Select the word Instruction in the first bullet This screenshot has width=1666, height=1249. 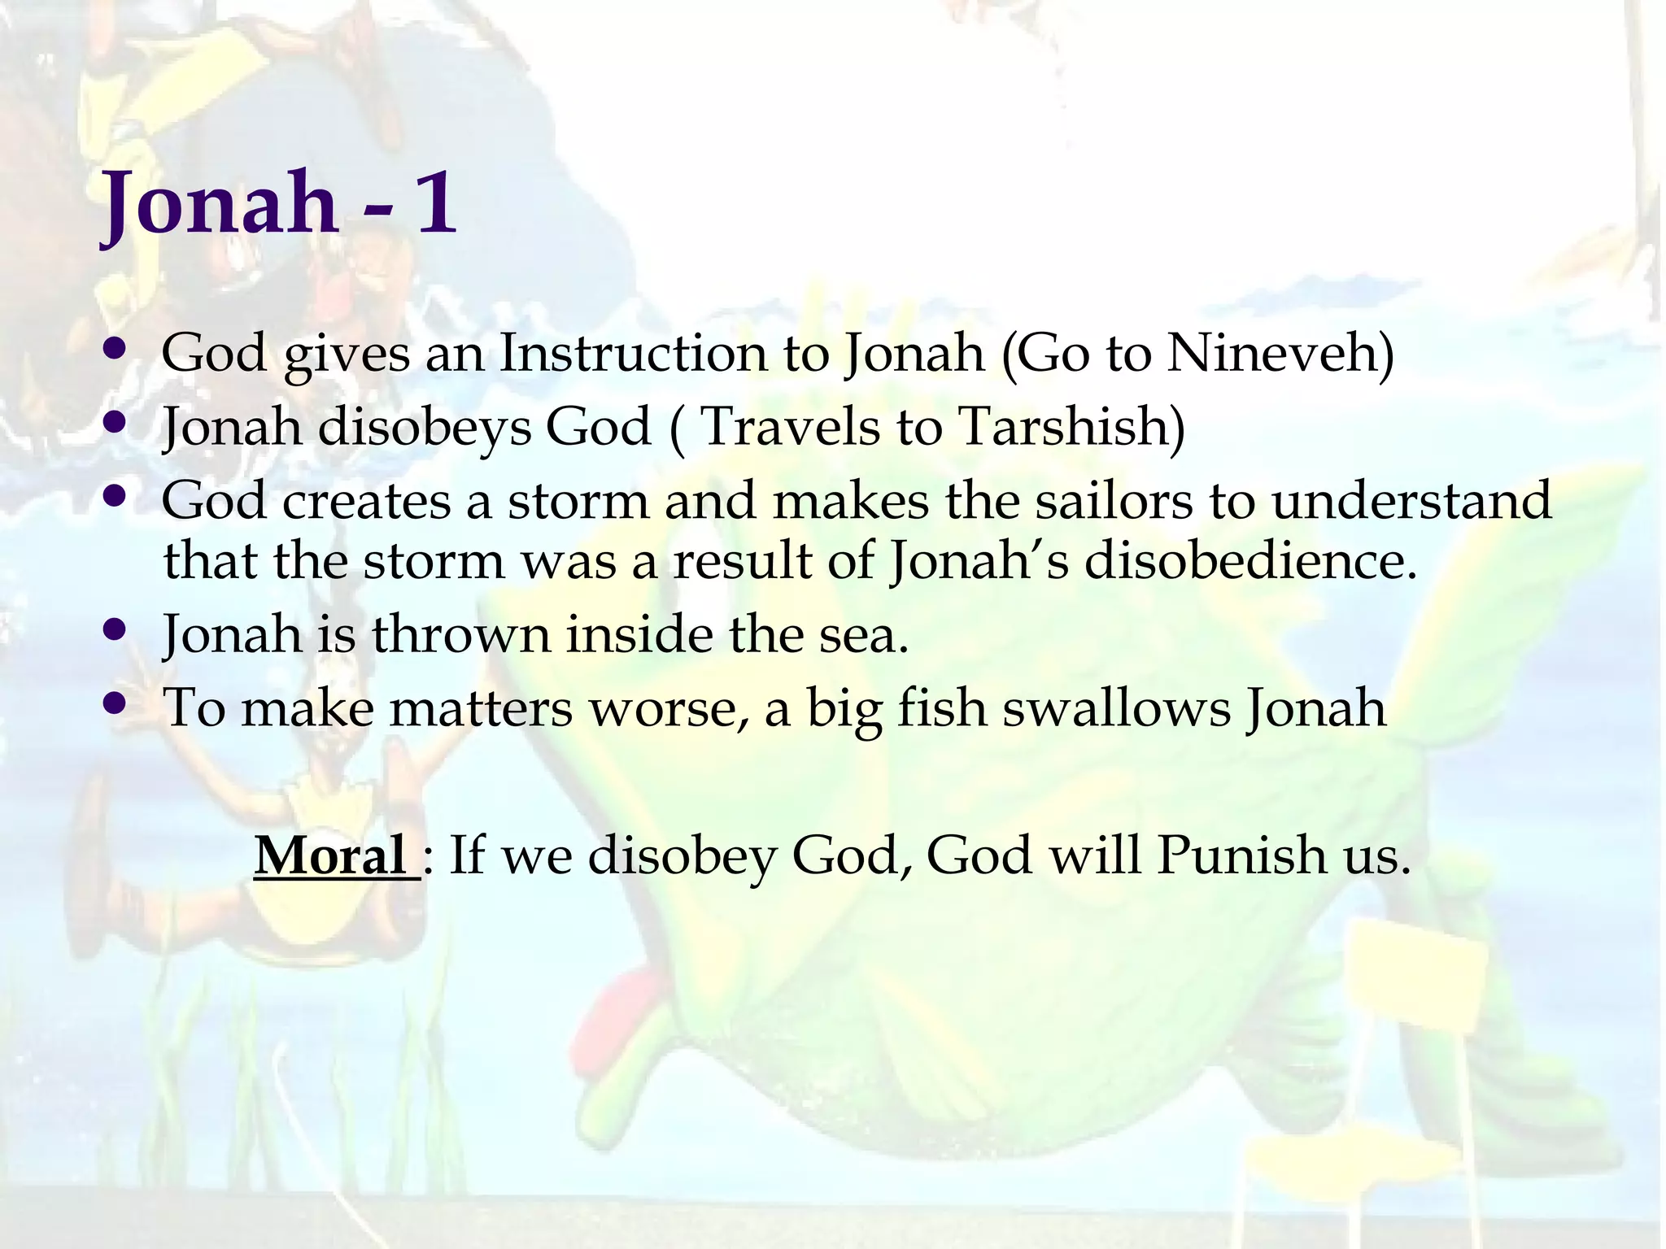(x=632, y=354)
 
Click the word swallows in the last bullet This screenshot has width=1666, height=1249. (x=1116, y=707)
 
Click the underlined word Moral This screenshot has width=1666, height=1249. (x=330, y=855)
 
